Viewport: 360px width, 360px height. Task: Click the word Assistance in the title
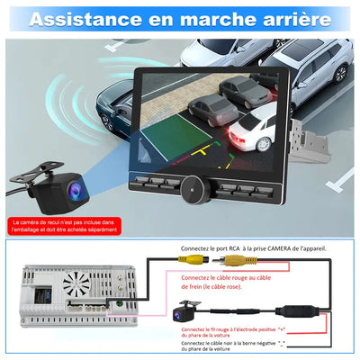tap(86, 18)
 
